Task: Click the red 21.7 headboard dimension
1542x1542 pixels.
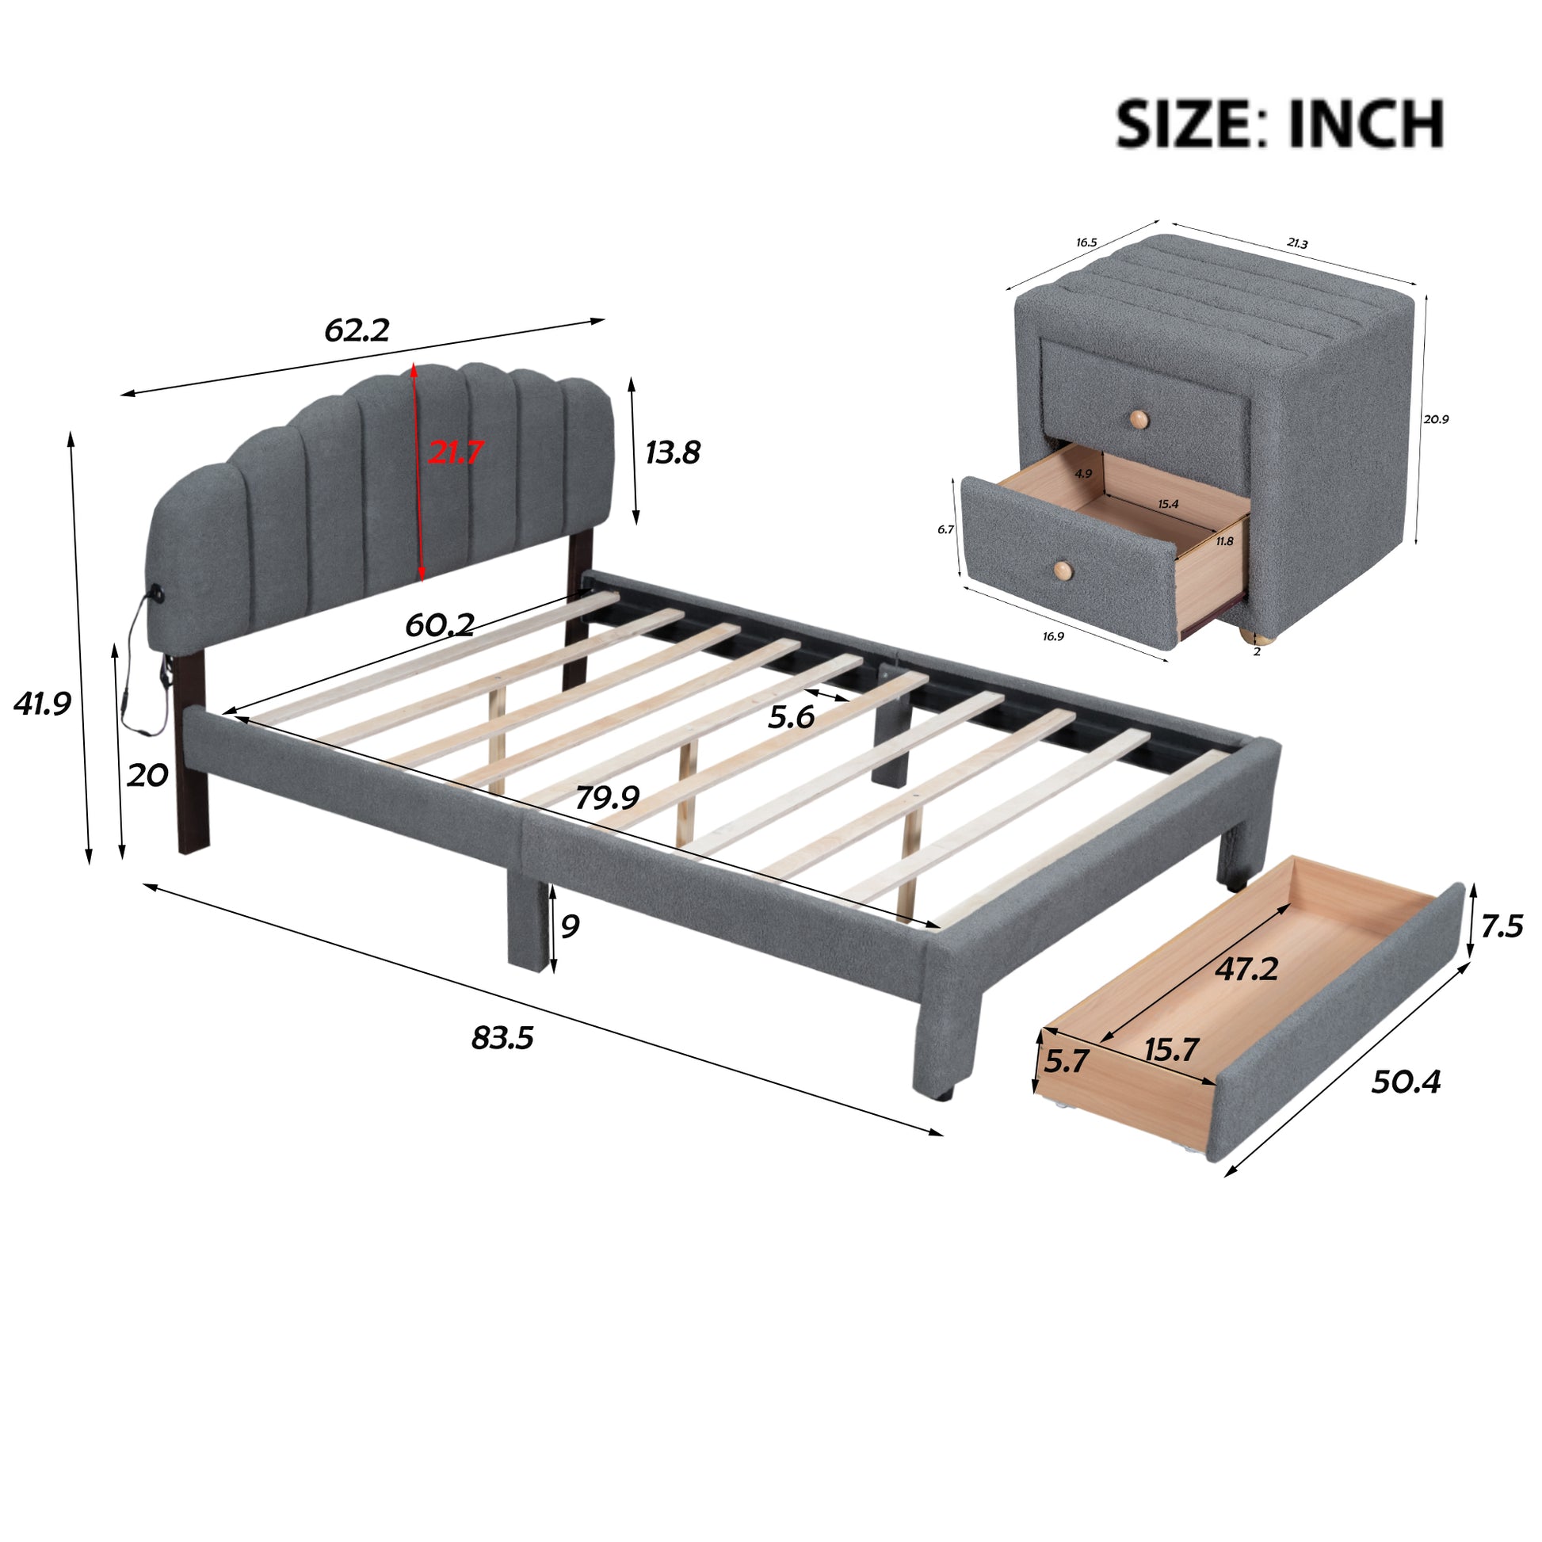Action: (x=455, y=452)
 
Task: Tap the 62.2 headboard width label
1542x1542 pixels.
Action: (x=357, y=330)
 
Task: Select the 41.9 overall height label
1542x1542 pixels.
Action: (x=41, y=703)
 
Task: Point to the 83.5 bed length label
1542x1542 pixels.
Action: (x=502, y=1038)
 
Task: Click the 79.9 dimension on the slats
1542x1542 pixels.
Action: (x=608, y=796)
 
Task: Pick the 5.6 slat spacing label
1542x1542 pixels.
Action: (x=790, y=718)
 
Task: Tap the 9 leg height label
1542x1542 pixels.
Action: (x=570, y=926)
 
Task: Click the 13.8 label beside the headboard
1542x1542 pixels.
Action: (x=672, y=452)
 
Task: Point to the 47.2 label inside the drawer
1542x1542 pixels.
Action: (x=1246, y=969)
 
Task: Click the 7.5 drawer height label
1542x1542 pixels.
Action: (x=1502, y=926)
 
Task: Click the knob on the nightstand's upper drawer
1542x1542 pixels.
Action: (x=1138, y=417)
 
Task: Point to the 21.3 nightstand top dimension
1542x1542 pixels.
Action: (x=1298, y=243)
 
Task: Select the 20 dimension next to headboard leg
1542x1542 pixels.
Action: (x=147, y=774)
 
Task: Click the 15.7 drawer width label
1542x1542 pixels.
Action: (x=1171, y=1050)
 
